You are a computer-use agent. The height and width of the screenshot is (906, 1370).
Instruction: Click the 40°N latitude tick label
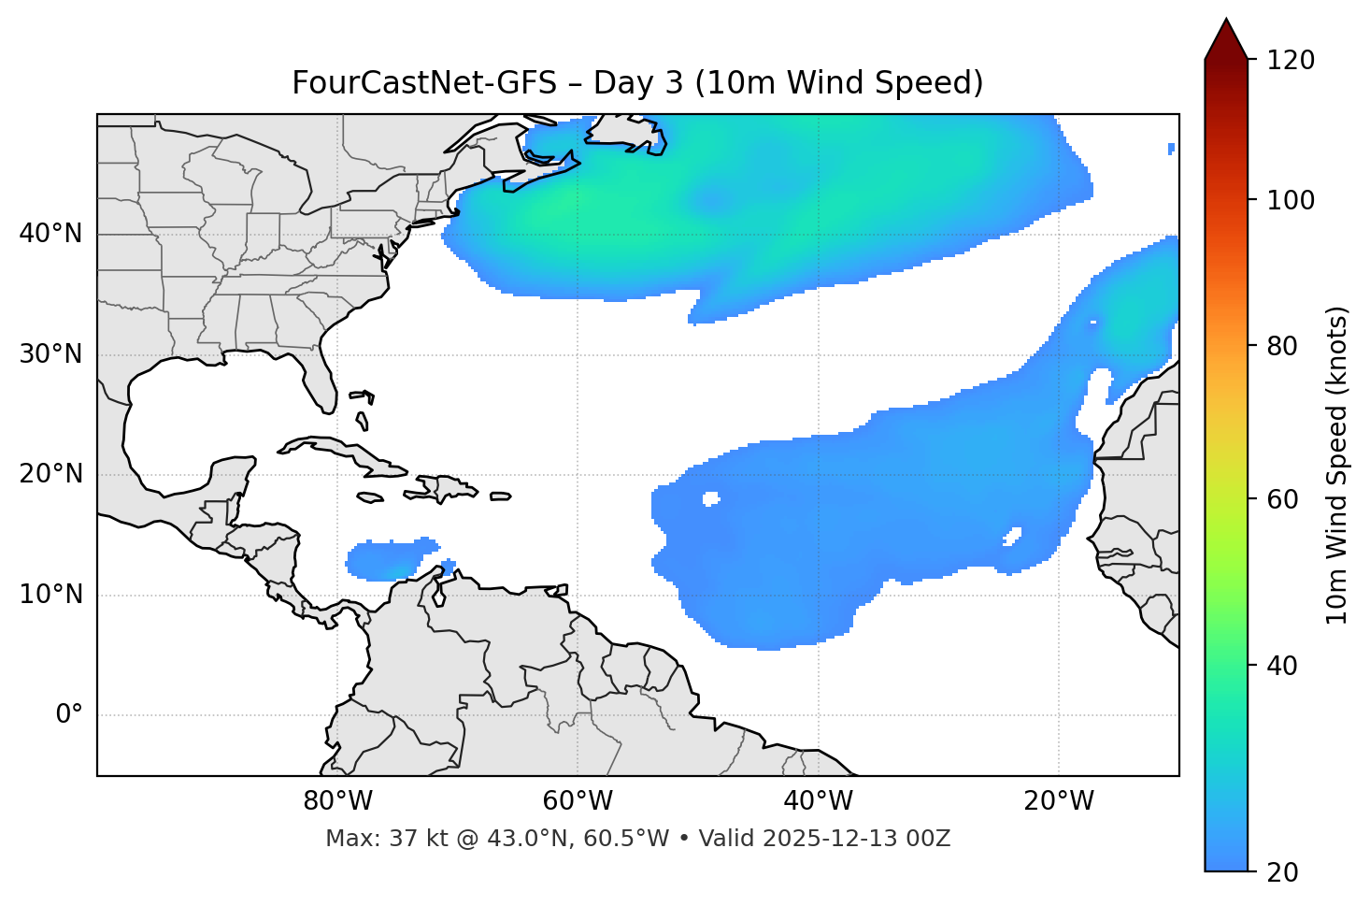click(50, 234)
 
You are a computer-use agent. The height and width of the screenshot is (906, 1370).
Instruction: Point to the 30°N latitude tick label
click(50, 354)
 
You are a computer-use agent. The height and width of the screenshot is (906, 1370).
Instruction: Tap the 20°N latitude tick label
click(50, 474)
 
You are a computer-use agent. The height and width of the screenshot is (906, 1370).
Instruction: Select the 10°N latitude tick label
click(50, 595)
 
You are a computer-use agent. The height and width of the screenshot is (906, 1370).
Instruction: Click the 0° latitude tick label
click(69, 715)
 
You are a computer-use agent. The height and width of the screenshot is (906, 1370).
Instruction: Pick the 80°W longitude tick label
click(337, 801)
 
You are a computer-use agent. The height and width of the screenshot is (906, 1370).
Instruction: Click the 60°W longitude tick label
click(578, 801)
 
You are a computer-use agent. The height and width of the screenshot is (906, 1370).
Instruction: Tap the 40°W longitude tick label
click(818, 801)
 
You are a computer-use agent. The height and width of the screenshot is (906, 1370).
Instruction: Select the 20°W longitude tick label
click(1059, 801)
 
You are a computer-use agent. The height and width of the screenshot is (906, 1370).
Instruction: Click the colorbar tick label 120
click(1290, 61)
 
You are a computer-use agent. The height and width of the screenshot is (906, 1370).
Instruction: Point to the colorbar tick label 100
click(1290, 200)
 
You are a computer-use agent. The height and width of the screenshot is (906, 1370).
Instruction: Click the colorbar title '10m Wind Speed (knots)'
click(1337, 465)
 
